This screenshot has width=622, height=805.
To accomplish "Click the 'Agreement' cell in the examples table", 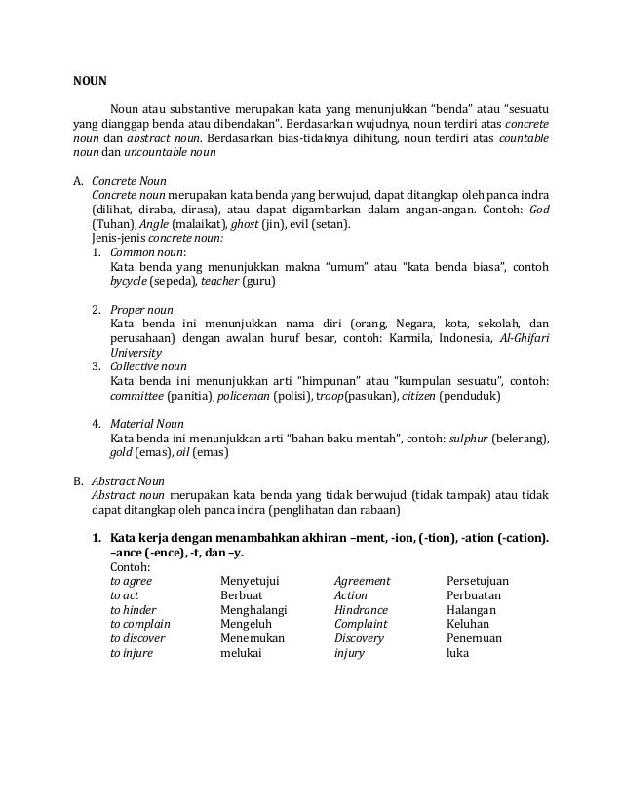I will point(362,581).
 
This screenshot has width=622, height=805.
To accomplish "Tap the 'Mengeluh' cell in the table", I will point(247,624).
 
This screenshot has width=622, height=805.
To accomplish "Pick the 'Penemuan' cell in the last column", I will point(473,638).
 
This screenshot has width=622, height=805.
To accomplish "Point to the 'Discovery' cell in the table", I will point(359,638).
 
